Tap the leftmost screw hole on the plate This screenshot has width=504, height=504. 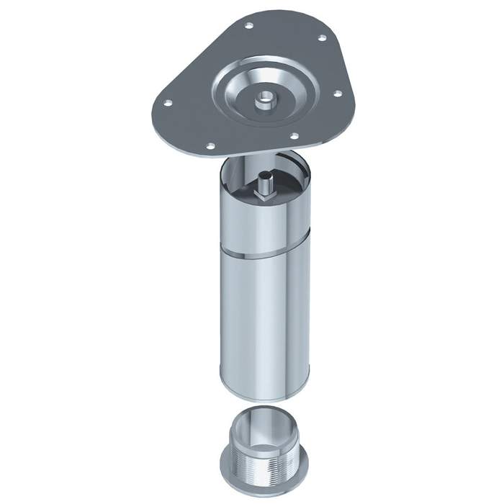tap(167, 102)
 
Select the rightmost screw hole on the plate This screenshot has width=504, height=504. tap(336, 91)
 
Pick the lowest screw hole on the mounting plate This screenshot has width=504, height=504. tap(210, 146)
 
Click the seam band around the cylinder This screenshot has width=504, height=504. tap(264, 253)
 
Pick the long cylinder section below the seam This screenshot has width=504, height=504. tap(264, 324)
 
